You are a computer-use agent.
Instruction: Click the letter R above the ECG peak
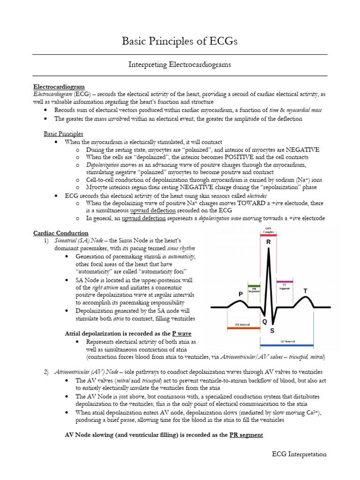point(269,242)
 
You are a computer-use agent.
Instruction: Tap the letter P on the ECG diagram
point(240,293)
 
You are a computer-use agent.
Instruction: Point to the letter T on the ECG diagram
point(306,291)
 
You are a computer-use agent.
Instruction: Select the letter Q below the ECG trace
point(265,322)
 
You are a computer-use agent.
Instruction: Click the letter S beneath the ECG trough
point(272,331)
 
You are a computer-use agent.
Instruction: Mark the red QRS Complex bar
point(268,235)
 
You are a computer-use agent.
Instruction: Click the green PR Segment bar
point(254,285)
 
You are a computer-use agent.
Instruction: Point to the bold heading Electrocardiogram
point(59,87)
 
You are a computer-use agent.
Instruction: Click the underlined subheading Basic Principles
point(63,134)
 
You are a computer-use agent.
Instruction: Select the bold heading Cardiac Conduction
point(60,233)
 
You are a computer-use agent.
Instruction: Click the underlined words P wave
point(182,333)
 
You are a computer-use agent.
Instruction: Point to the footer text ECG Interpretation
point(300,454)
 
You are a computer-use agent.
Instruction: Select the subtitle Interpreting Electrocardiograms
point(180,65)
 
